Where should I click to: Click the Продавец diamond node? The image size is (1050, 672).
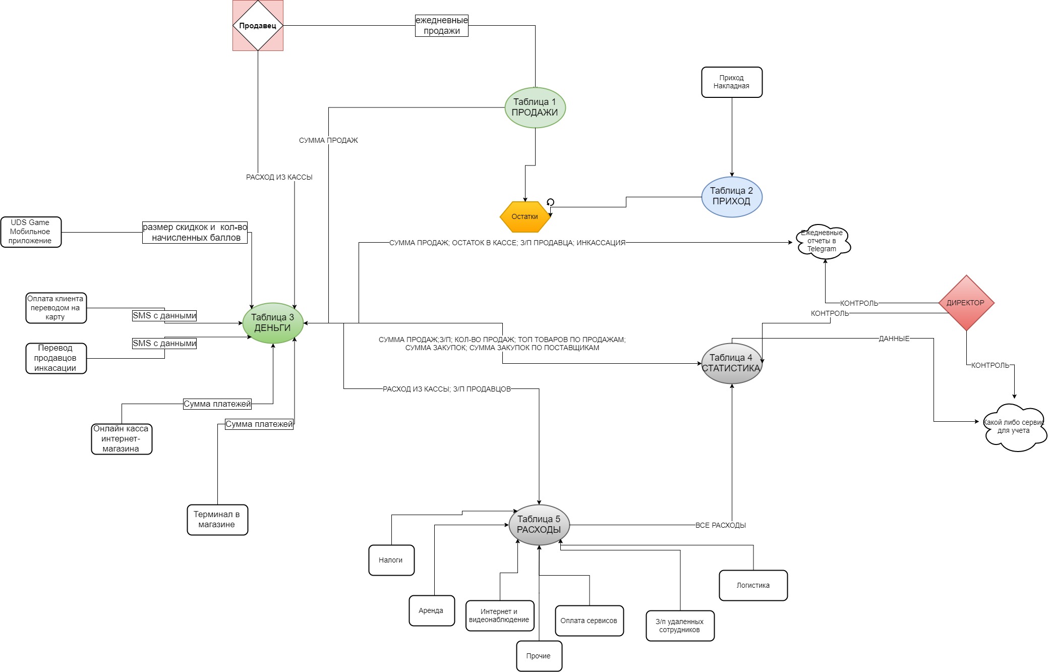(258, 25)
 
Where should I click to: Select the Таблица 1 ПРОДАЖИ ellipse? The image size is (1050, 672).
(535, 107)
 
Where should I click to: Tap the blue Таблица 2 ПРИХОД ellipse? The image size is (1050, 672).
(731, 197)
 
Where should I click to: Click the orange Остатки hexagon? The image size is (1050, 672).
(524, 217)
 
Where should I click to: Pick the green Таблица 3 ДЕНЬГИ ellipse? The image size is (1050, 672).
(273, 323)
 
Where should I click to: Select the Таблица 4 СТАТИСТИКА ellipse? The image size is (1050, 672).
(731, 363)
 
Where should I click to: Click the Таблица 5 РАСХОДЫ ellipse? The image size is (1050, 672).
(539, 525)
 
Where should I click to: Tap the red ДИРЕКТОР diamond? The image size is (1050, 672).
(966, 303)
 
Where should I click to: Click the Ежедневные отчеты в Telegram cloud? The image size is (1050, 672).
(823, 241)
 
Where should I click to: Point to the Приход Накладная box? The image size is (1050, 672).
(731, 82)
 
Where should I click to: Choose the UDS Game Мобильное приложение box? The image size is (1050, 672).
(30, 232)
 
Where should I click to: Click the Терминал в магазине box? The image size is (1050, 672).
(217, 520)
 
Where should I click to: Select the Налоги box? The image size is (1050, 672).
(391, 560)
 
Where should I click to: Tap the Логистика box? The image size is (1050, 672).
(753, 585)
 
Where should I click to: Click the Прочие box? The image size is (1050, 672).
(539, 656)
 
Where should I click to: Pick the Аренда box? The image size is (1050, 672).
(431, 610)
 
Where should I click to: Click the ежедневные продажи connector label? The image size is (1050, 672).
(442, 26)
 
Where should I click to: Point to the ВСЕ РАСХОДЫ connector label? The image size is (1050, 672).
(720, 525)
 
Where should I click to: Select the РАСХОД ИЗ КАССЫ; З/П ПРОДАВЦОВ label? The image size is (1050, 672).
(447, 389)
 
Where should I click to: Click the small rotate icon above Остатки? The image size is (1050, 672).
(550, 202)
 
